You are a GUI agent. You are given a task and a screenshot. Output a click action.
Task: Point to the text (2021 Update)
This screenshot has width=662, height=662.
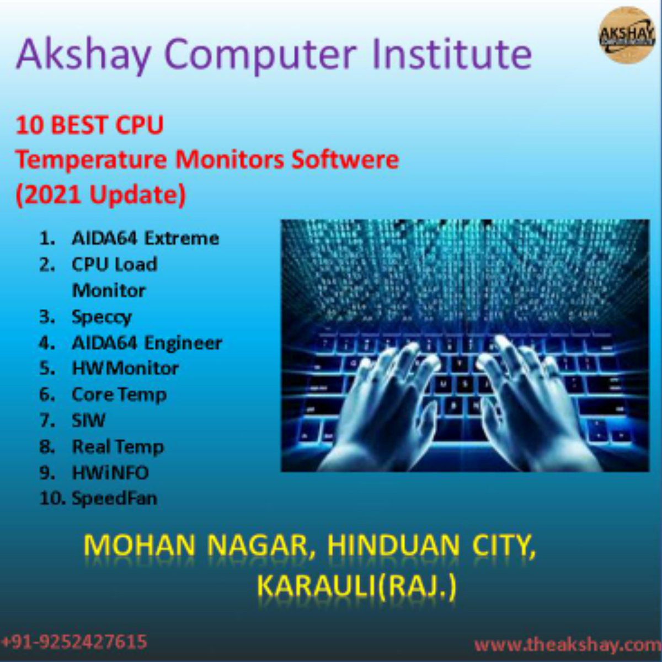pyautogui.click(x=100, y=195)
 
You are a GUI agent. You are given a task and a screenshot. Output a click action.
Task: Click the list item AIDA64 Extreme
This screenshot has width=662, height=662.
pyautogui.click(x=145, y=238)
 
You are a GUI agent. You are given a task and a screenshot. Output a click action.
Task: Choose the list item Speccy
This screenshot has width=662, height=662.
pyautogui.click(x=102, y=317)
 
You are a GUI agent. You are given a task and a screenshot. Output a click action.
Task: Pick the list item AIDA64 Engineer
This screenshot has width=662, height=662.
pyautogui.click(x=147, y=343)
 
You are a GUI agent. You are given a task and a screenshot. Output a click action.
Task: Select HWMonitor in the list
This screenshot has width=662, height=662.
pyautogui.click(x=125, y=369)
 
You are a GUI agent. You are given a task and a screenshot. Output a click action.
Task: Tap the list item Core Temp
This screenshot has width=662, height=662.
pyautogui.click(x=119, y=395)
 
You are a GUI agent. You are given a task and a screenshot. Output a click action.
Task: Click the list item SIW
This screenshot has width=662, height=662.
pyautogui.click(x=88, y=420)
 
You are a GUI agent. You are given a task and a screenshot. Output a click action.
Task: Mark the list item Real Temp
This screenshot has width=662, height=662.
pyautogui.click(x=118, y=447)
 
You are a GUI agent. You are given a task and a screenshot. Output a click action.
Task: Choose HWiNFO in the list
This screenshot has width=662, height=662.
pyautogui.click(x=110, y=473)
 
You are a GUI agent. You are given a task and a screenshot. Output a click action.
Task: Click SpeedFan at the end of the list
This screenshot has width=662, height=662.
pyautogui.click(x=114, y=499)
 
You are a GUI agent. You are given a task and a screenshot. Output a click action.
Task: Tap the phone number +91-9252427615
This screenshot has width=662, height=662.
pyautogui.click(x=74, y=642)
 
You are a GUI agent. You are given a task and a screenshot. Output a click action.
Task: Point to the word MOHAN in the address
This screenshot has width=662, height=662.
pyautogui.click(x=140, y=546)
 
